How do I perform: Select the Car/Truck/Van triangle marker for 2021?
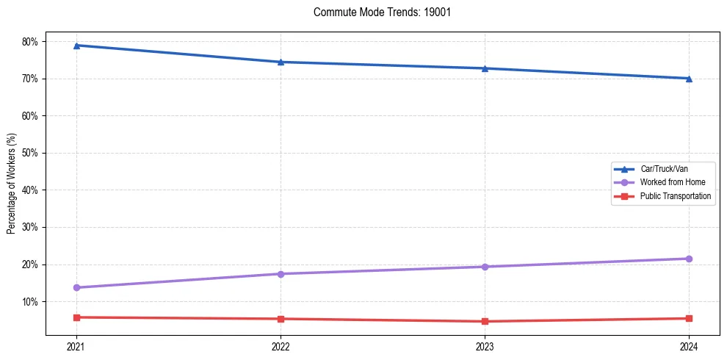point(76,46)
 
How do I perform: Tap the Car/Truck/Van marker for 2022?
point(281,62)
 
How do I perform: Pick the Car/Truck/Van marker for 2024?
point(689,79)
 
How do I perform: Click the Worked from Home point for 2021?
point(76,287)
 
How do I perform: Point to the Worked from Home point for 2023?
point(485,267)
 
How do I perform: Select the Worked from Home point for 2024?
point(689,259)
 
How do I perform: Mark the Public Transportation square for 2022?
point(281,319)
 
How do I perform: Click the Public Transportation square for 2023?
point(485,321)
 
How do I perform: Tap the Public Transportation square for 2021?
point(76,317)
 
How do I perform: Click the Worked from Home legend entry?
point(668,182)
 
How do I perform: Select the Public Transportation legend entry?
point(675,196)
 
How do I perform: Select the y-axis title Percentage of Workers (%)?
point(12,184)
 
